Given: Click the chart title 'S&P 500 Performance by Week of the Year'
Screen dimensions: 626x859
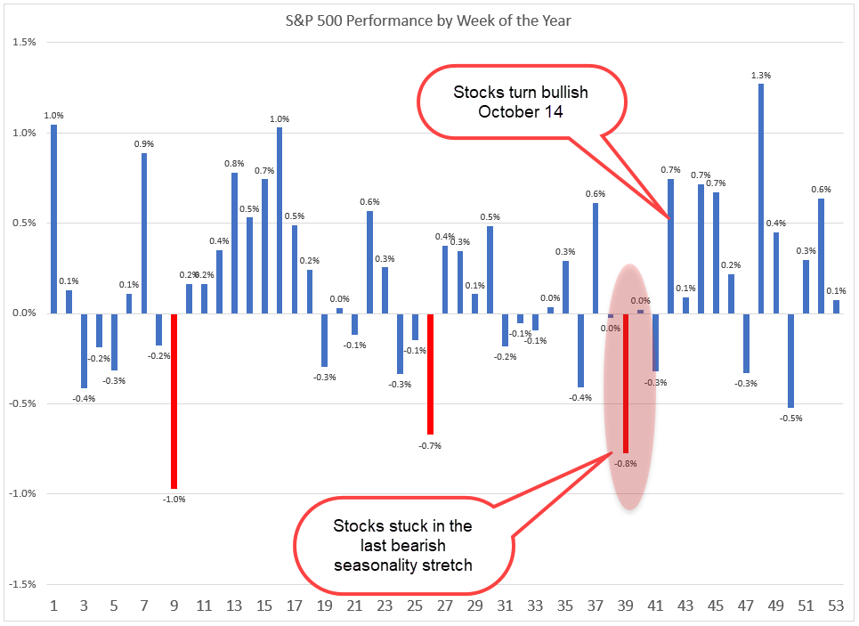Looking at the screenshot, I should pyautogui.click(x=430, y=20).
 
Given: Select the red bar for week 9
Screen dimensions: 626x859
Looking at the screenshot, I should pyautogui.click(x=174, y=401).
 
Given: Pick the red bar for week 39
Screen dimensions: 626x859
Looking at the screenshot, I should pyautogui.click(x=626, y=383).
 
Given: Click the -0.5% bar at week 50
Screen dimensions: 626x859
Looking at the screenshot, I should pyautogui.click(x=791, y=360).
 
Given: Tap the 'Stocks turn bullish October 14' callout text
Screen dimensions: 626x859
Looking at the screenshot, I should pyautogui.click(x=521, y=102).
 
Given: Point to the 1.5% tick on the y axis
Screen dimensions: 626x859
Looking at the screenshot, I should pyautogui.click(x=25, y=43).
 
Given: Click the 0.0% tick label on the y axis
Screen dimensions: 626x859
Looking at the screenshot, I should pyautogui.click(x=25, y=313).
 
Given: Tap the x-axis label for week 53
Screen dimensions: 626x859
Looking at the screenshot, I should pyautogui.click(x=836, y=606).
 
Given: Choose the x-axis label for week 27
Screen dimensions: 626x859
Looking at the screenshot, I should pyautogui.click(x=445, y=606).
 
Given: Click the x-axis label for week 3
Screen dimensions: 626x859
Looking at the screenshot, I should pyautogui.click(x=85, y=606).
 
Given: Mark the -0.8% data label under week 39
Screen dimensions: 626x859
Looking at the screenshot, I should pyautogui.click(x=627, y=463).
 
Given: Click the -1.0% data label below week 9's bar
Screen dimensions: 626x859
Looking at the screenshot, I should pyautogui.click(x=174, y=499).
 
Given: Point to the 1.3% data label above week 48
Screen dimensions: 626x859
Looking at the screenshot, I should pyautogui.click(x=760, y=75).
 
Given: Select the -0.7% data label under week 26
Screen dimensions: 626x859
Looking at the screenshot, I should pyautogui.click(x=430, y=445).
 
